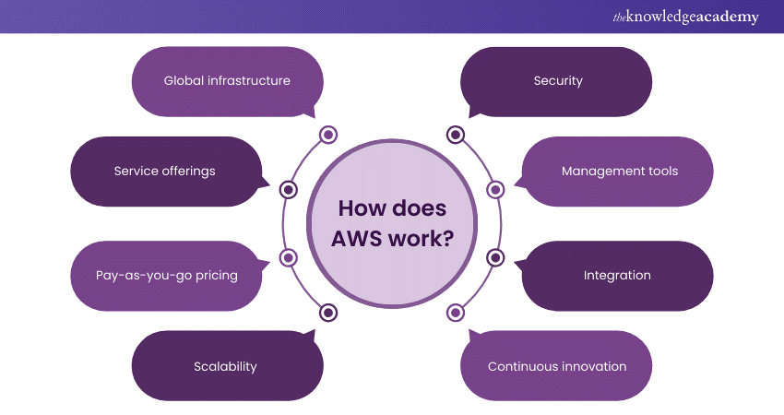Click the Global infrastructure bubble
tap(227, 81)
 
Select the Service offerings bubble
tap(166, 171)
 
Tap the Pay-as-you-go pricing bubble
tap(166, 276)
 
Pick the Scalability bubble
tap(226, 366)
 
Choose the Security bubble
tap(557, 81)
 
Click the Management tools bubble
tap(619, 171)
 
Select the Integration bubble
tap(617, 276)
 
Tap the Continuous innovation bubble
tap(556, 366)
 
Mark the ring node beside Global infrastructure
tap(328, 136)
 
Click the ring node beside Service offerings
tap(289, 190)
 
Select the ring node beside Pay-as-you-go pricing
tap(289, 257)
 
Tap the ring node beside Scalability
tap(328, 312)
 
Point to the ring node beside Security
tap(455, 136)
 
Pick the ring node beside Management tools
tap(494, 190)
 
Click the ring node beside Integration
tap(494, 257)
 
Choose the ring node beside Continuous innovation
tap(455, 312)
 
